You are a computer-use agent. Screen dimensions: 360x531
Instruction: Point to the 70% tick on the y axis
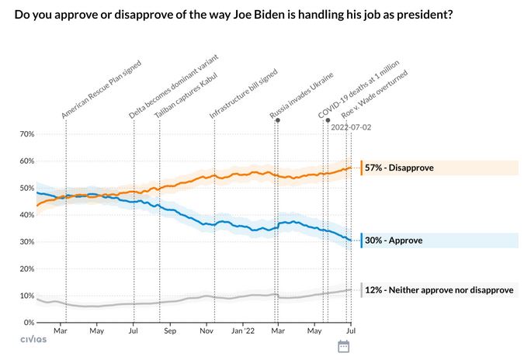[x=26, y=134]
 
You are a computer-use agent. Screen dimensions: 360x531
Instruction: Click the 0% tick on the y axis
[x=28, y=322]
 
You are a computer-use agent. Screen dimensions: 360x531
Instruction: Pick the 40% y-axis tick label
[x=26, y=215]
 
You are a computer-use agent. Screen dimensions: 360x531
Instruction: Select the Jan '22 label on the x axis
[x=243, y=331]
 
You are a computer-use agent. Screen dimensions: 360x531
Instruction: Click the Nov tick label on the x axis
[x=206, y=331]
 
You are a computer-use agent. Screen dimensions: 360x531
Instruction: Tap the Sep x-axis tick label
[x=170, y=331]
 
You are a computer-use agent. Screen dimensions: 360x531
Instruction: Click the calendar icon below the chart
[x=343, y=346]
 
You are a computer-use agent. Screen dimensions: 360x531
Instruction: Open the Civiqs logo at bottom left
[x=33, y=339]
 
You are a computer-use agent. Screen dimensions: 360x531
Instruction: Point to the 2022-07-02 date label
[x=352, y=127]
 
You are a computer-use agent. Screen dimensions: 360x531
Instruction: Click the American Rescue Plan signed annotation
[x=98, y=86]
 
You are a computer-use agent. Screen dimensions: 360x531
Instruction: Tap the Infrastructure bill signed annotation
[x=243, y=88]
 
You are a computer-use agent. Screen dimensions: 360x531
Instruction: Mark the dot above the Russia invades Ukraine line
[x=277, y=120]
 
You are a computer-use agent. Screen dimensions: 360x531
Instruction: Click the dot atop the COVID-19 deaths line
[x=328, y=120]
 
